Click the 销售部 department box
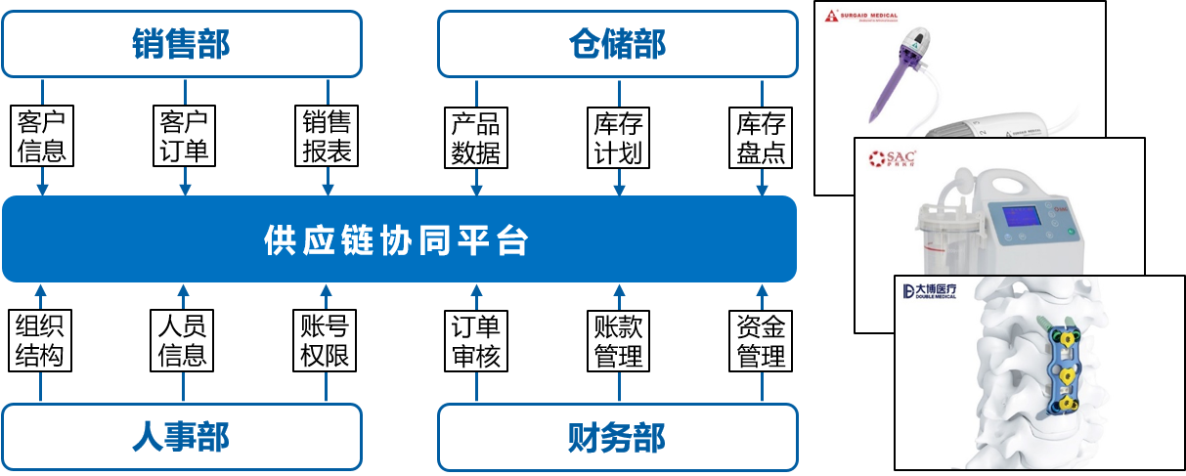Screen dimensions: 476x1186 tap(182, 44)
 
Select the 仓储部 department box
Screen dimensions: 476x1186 tap(617, 44)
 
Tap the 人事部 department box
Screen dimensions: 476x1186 tap(182, 437)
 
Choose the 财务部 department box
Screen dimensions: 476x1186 tap(617, 437)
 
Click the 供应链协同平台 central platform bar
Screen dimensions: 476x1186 tap(399, 239)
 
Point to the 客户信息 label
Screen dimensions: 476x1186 tap(42, 137)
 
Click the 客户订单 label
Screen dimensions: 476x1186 tap(184, 137)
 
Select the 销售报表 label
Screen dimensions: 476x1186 tap(327, 137)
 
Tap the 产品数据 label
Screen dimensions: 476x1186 tap(476, 137)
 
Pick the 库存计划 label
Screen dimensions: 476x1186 tap(619, 137)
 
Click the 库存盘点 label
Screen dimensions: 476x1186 tap(762, 137)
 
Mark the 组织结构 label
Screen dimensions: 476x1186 tap(40, 340)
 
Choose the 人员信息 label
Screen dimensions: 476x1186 tap(183, 340)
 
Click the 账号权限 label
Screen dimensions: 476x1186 tap(326, 340)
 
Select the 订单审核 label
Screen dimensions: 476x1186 tap(476, 340)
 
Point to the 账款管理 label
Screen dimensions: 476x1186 tap(619, 340)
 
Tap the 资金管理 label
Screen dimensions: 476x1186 tap(762, 340)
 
